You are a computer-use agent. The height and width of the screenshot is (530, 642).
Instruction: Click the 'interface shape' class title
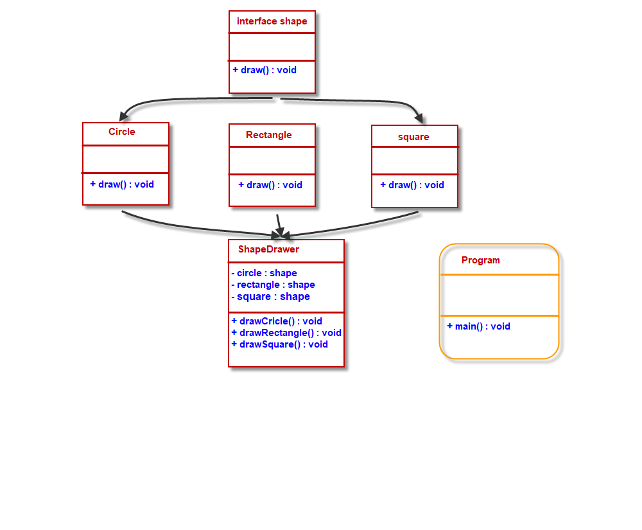tap(272, 21)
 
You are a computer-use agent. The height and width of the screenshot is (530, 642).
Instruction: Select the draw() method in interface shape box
tap(265, 69)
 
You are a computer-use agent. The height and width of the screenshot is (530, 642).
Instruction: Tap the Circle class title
tap(122, 132)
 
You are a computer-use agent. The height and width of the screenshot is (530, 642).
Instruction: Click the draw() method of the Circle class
tap(122, 184)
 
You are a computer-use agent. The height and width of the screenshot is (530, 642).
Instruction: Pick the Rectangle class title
tap(269, 135)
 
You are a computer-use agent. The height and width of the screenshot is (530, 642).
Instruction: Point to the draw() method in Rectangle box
tap(270, 185)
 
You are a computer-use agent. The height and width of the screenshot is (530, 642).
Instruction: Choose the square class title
tap(413, 137)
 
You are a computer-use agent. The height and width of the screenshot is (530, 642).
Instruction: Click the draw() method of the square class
tap(412, 185)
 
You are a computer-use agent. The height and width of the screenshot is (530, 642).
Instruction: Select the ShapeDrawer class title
tap(268, 249)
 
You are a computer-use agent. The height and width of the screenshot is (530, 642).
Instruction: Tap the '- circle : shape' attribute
tap(264, 273)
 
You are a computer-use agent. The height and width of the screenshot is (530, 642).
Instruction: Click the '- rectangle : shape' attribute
tap(273, 285)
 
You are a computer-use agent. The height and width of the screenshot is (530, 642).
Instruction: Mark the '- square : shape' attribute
tap(270, 297)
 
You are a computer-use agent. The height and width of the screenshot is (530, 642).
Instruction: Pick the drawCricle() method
tap(277, 321)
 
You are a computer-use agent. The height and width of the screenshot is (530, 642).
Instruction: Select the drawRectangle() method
tap(286, 333)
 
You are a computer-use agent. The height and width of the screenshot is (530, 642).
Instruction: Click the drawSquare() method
tap(279, 344)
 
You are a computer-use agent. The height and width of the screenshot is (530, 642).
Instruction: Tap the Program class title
tap(480, 260)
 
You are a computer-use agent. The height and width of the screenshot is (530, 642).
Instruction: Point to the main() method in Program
tap(478, 326)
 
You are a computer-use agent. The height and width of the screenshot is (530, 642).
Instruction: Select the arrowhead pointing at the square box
tap(419, 118)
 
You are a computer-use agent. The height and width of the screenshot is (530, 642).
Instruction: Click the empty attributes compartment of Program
tap(499, 295)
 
